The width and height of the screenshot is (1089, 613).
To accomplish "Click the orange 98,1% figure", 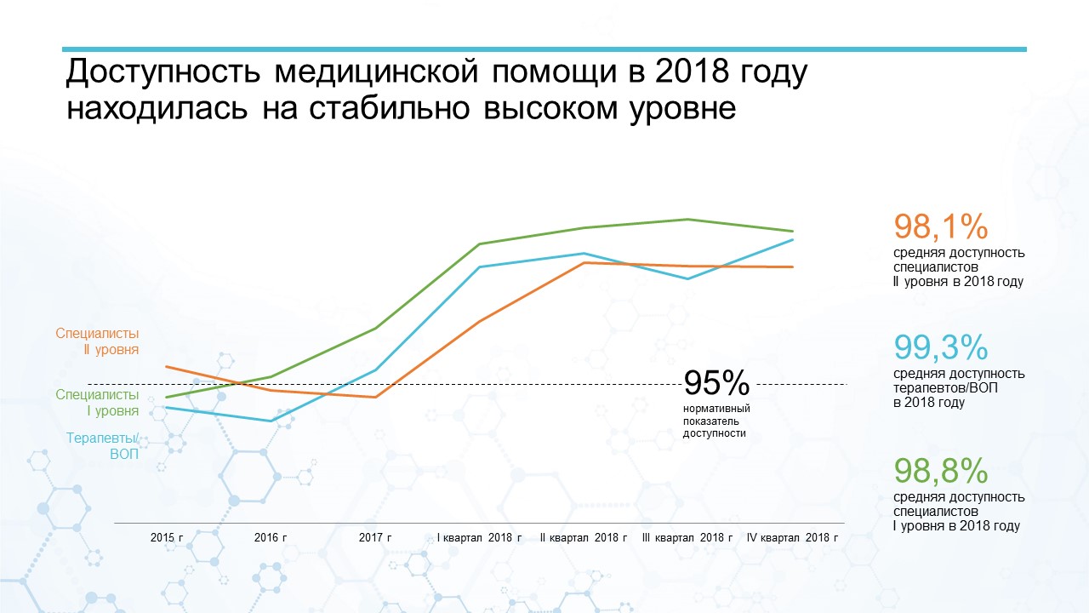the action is (x=941, y=226).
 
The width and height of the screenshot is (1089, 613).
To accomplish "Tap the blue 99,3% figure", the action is (x=941, y=347).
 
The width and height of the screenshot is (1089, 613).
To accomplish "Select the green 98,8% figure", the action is (x=941, y=471).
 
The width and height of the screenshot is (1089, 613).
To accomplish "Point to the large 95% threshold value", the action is (x=716, y=382).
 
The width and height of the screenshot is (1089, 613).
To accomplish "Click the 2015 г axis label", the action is (x=167, y=537).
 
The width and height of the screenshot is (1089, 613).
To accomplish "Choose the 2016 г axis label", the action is (x=271, y=537).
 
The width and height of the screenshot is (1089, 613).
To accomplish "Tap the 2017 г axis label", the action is (x=375, y=537).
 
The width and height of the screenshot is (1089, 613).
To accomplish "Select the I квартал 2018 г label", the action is (x=479, y=537).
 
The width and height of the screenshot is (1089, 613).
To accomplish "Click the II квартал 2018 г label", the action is (x=584, y=537).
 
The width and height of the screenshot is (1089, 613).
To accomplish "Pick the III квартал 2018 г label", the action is (x=687, y=537).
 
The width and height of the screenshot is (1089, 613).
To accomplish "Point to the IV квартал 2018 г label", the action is (x=792, y=537).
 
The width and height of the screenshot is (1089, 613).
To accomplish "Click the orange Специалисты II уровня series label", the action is (x=97, y=341).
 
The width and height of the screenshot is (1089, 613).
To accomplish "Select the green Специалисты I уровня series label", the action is (x=97, y=403).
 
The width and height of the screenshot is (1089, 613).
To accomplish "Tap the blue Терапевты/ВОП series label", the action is (x=103, y=446).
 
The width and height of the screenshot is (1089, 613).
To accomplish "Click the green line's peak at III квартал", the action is (x=687, y=220).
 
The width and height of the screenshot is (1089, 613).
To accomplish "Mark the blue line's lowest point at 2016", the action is (x=271, y=421).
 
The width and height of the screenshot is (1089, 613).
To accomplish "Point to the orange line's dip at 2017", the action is (x=375, y=397).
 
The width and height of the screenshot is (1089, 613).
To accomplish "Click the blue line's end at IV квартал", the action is (x=792, y=240).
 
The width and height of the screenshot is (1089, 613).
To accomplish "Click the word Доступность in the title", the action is (x=163, y=72).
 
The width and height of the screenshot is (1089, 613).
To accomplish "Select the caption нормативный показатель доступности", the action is (x=716, y=421).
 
